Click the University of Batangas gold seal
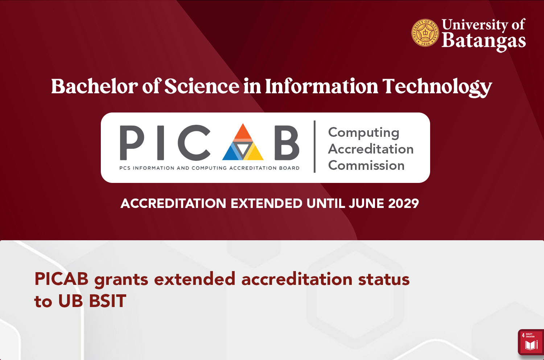(x=425, y=33)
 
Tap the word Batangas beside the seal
(x=484, y=41)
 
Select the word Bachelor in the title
(x=94, y=86)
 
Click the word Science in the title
(x=202, y=86)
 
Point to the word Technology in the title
(x=437, y=87)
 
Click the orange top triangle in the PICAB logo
(x=243, y=132)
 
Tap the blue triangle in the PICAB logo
(x=232, y=151)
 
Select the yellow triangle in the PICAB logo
(x=253, y=151)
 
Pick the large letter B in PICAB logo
(x=287, y=143)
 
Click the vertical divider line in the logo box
(x=314, y=147)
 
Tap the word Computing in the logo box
(x=363, y=133)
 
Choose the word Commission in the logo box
(x=366, y=165)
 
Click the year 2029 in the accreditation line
(x=403, y=203)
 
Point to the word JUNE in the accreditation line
(x=366, y=203)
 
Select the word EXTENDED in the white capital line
(x=267, y=203)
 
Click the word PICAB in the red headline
(x=61, y=279)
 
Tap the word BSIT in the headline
(x=108, y=301)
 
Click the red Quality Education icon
(x=531, y=342)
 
